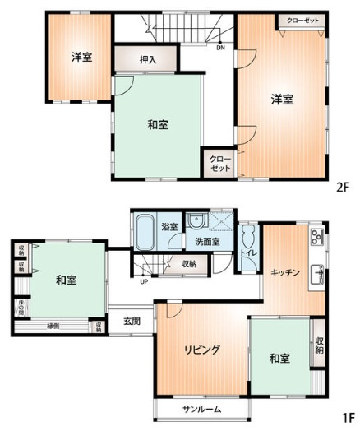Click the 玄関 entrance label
[x=132, y=321]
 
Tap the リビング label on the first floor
[x=201, y=350]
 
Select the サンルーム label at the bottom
[x=199, y=409]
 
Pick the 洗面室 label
[x=206, y=243]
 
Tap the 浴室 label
[x=169, y=226]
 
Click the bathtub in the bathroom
[x=145, y=230]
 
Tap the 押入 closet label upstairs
[x=147, y=59]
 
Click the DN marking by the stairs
[x=220, y=47]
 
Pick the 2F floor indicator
[x=342, y=186]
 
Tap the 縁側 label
[x=53, y=327]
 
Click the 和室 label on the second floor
[x=158, y=125]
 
